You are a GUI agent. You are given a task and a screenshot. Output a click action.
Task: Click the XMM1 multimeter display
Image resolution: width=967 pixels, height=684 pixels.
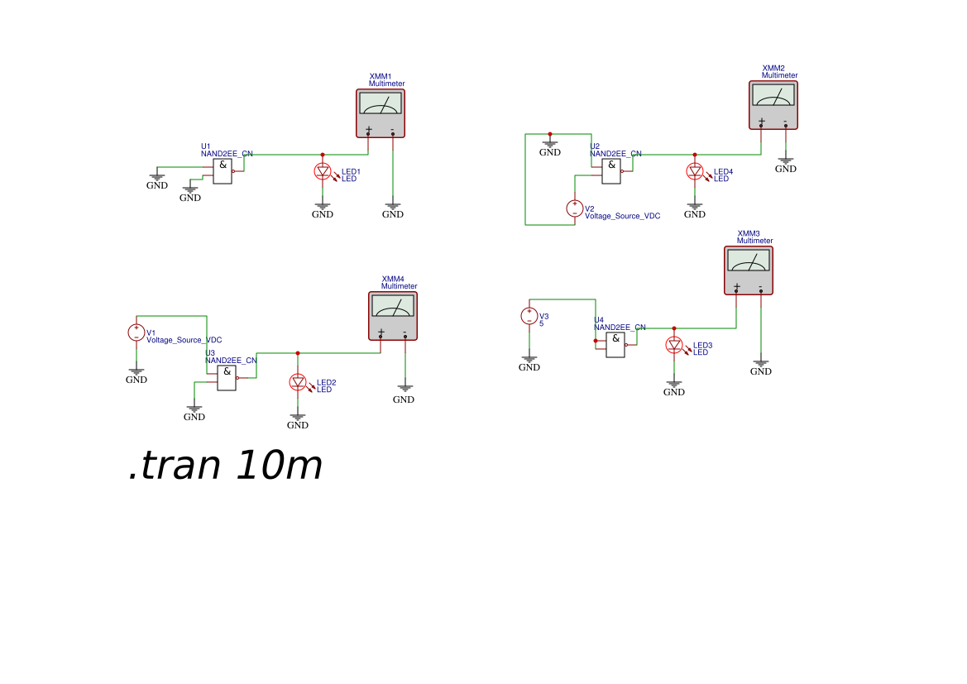coord(381,103)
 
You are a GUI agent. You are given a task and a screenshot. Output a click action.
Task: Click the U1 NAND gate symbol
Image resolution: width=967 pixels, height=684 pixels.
coord(223,171)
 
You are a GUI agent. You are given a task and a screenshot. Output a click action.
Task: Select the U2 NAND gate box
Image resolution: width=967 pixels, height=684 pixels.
coord(611,171)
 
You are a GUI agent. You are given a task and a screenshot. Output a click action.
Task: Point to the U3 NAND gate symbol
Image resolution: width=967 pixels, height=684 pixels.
coord(227,378)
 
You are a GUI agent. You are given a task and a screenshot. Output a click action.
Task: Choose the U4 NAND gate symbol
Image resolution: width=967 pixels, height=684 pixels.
coord(615,345)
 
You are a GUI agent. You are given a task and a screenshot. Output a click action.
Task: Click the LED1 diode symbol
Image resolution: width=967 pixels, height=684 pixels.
coord(323,172)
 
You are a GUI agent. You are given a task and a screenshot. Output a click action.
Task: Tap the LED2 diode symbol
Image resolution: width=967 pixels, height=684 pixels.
coord(298,382)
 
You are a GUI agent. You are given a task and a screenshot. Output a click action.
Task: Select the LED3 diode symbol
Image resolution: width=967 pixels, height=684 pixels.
coord(674,346)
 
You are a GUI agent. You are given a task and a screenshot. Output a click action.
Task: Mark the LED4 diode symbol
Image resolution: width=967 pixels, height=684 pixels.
coord(695,172)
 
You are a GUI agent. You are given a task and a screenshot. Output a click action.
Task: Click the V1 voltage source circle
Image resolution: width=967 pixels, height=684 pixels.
coord(136,332)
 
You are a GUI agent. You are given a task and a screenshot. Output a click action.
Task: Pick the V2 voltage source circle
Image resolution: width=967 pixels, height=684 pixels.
coord(575,208)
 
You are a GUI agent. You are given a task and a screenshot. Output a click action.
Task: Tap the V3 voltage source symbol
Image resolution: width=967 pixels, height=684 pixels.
coord(529,316)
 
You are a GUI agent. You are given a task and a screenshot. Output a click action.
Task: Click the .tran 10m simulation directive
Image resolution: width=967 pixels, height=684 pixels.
coord(225,466)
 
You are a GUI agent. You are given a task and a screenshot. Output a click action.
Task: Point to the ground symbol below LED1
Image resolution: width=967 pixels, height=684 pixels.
coord(323,208)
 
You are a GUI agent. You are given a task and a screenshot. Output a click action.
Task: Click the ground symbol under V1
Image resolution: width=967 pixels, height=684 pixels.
coord(136,373)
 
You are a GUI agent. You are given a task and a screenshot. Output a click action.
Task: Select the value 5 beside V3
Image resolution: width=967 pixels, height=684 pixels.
coord(542,323)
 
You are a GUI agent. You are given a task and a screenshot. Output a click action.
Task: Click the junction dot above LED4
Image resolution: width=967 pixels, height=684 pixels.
coord(695,155)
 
